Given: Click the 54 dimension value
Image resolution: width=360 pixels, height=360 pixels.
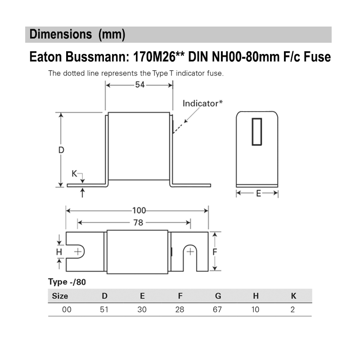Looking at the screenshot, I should tap(139, 85).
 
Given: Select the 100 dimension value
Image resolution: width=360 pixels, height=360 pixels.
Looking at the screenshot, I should tap(139, 210).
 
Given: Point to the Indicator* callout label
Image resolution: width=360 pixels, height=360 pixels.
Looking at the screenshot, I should tap(202, 103).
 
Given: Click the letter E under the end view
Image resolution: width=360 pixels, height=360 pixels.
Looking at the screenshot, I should tap(258, 193).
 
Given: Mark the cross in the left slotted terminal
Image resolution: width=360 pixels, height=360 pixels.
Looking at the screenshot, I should tap(78, 251).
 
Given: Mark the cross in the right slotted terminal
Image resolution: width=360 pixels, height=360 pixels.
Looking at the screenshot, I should tap(190, 251).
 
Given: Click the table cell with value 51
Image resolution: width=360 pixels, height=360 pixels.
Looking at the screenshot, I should tap(104, 310).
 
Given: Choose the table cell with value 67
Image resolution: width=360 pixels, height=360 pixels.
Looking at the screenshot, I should tap(217, 310).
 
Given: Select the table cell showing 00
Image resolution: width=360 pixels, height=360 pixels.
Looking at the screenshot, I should tap(67, 310).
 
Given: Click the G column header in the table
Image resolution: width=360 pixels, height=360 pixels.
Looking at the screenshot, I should tap(218, 296).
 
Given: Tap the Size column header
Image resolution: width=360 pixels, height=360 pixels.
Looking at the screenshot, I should tap(60, 296).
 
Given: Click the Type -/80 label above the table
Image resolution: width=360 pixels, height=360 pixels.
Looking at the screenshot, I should tap(67, 282).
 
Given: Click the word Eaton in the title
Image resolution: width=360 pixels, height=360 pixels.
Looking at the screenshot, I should tap(48, 57).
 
